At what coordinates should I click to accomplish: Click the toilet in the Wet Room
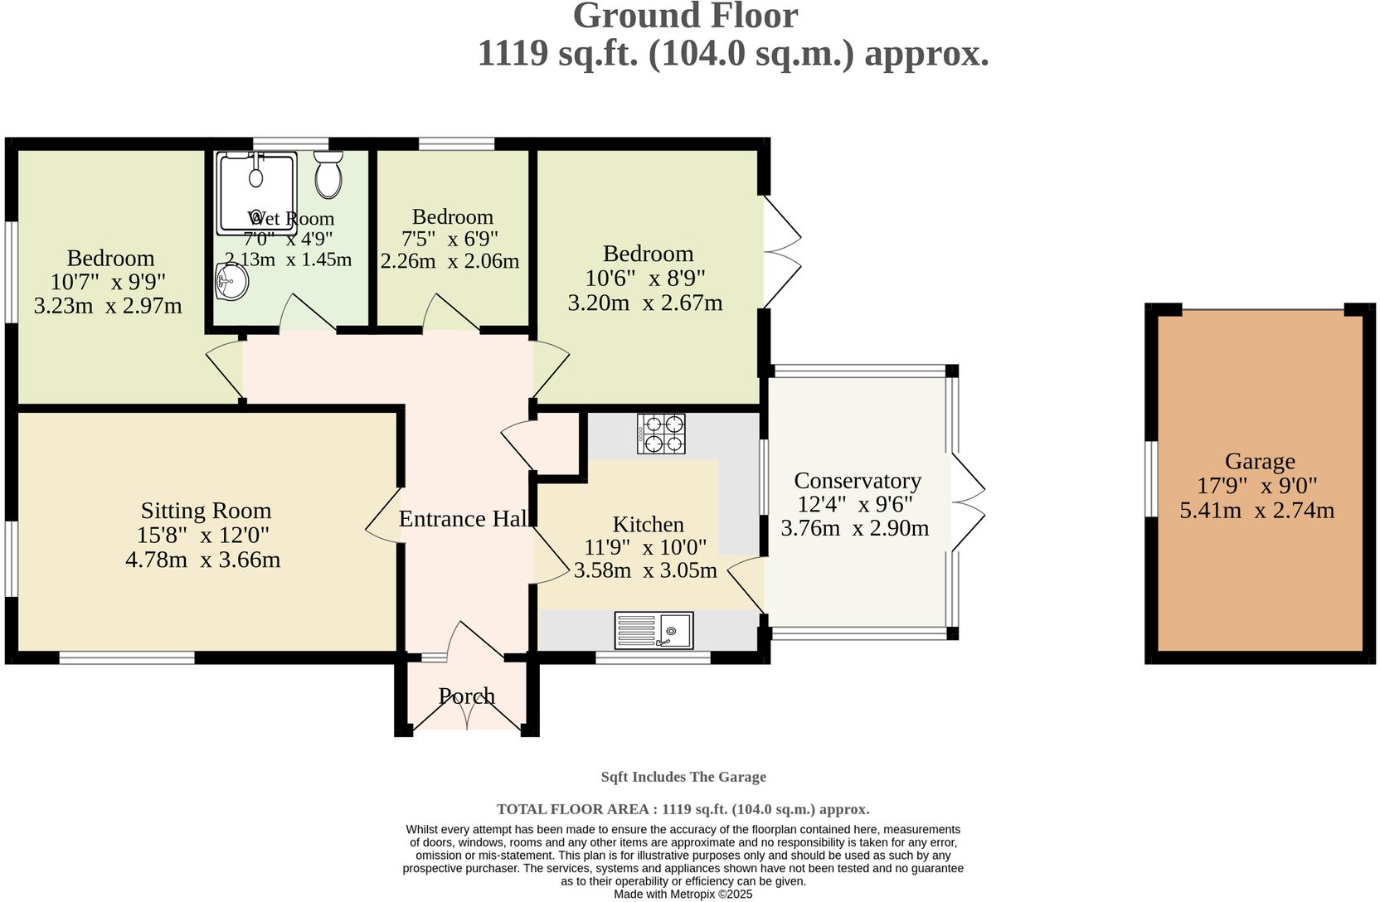tap(328, 175)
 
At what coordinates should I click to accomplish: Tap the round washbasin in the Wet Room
tap(231, 282)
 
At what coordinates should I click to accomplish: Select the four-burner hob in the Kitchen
tap(661, 434)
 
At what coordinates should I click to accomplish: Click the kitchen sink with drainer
tap(654, 630)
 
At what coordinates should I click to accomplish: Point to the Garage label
tap(1260, 461)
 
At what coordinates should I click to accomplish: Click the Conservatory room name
tap(858, 480)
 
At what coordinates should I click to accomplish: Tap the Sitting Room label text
tap(206, 511)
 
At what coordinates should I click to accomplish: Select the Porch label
tap(466, 696)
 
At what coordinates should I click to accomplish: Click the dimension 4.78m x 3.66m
tap(202, 560)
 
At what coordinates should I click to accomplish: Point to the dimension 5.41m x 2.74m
tap(1257, 511)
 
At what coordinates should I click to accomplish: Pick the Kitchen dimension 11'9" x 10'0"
tap(645, 546)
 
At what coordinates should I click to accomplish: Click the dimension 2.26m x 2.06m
tap(449, 261)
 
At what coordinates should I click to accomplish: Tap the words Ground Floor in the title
tap(686, 16)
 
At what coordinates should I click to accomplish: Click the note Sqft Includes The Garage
tap(684, 777)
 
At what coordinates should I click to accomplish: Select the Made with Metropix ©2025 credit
tap(683, 894)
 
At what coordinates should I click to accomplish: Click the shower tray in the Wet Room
tap(256, 193)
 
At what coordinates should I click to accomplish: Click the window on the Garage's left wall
tap(1151, 479)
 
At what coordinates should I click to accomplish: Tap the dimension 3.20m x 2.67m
tap(645, 303)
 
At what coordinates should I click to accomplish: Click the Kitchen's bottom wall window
tap(653, 657)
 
